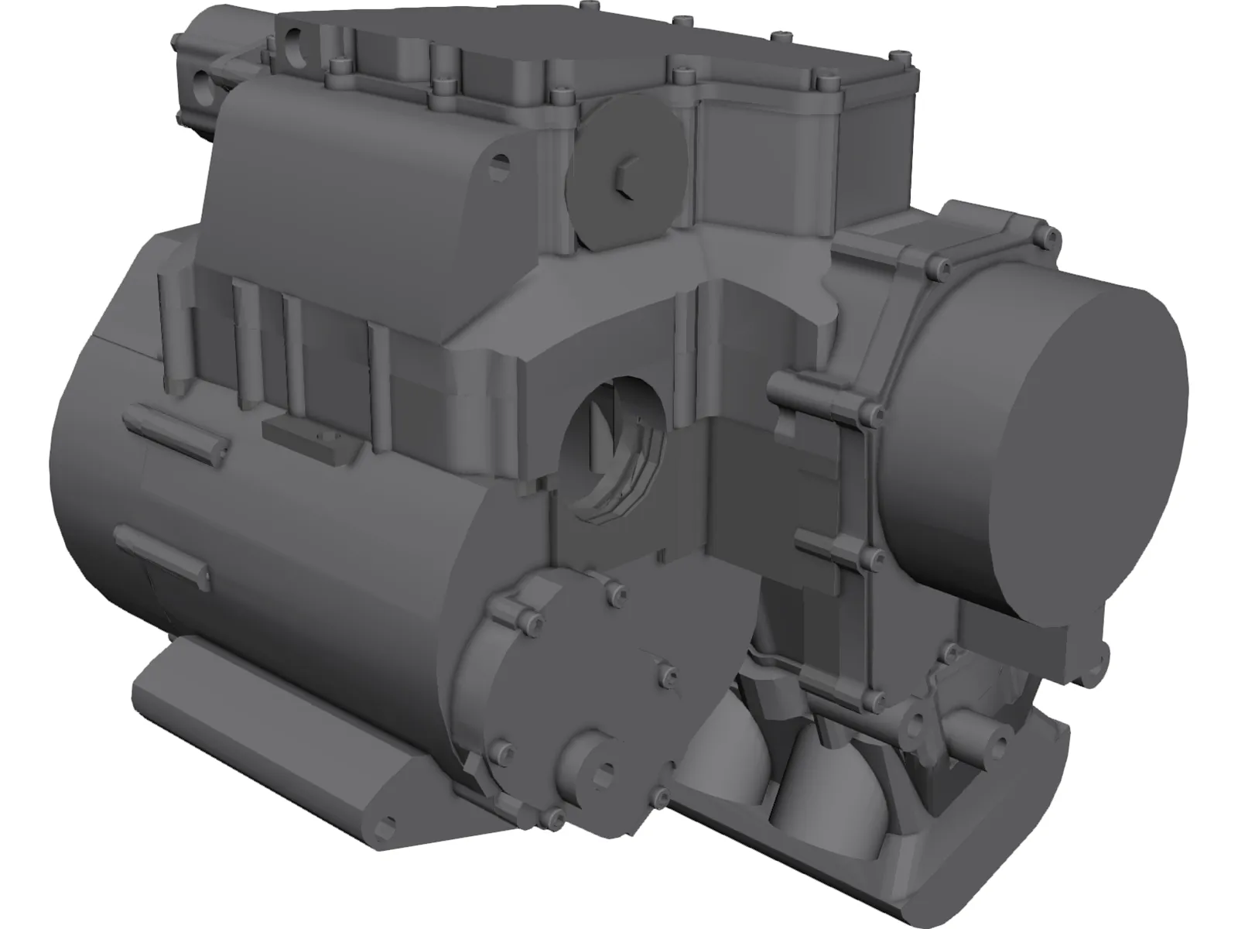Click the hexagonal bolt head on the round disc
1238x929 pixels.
(x=625, y=177)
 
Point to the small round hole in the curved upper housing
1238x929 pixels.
(x=502, y=162)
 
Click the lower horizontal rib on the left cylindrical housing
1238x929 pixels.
(x=160, y=551)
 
